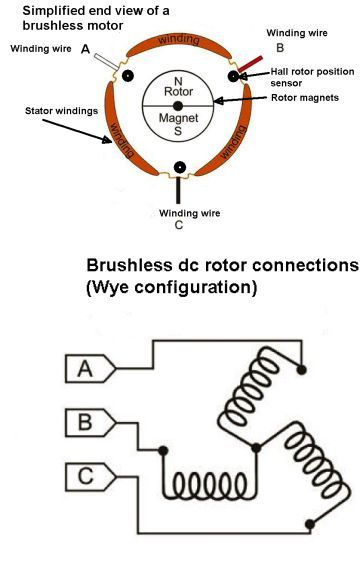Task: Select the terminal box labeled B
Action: pyautogui.click(x=85, y=422)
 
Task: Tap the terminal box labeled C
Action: pyautogui.click(x=85, y=475)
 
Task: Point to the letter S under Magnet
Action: pyautogui.click(x=179, y=130)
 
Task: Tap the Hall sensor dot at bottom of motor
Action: pyautogui.click(x=179, y=167)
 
